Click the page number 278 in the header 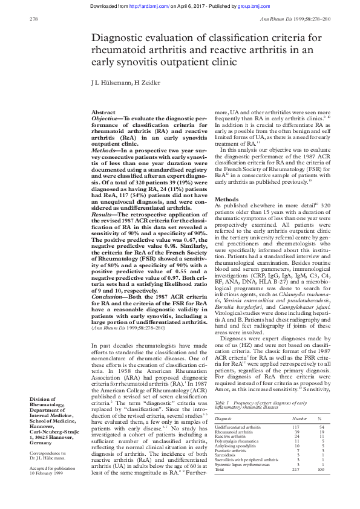click(x=34, y=19)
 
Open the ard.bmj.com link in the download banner click(x=149, y=5)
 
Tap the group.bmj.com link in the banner click(x=246, y=5)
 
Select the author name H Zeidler click(x=146, y=82)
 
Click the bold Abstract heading click(x=103, y=112)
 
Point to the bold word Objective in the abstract click(x=105, y=119)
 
